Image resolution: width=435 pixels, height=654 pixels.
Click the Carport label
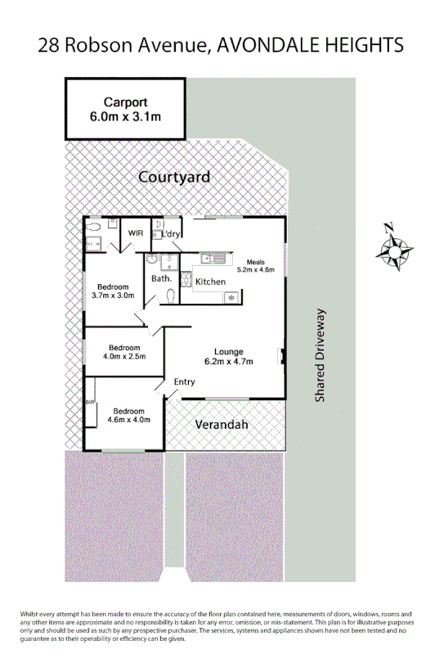click(x=125, y=102)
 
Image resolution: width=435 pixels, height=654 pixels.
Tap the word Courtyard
click(x=174, y=177)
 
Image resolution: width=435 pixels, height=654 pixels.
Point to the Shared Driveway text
click(x=321, y=354)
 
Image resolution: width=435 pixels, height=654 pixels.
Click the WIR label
click(x=132, y=233)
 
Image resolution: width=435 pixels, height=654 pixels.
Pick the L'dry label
click(x=172, y=234)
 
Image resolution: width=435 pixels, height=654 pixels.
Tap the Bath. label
click(x=161, y=278)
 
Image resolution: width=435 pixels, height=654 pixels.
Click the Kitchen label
click(x=210, y=282)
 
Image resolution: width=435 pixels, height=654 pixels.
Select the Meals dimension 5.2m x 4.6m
click(x=255, y=268)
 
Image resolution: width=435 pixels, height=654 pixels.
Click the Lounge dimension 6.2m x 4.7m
click(x=228, y=362)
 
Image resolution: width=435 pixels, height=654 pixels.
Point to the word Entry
click(x=185, y=381)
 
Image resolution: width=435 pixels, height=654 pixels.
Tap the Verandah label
click(x=221, y=425)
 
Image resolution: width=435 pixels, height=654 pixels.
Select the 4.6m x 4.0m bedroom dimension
click(x=129, y=421)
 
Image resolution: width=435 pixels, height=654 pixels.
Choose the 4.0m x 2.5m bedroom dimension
click(x=123, y=356)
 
